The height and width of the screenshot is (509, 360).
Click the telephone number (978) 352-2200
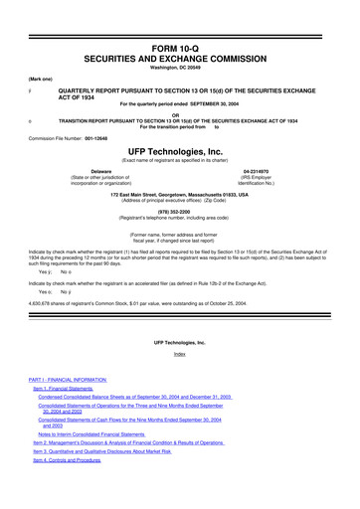click(x=180, y=210)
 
